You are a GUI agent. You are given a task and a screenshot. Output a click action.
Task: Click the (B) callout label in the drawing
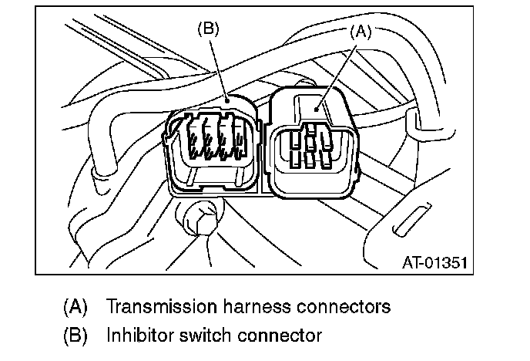tap(210, 29)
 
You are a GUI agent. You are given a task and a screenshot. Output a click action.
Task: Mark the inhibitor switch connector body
tap(212, 147)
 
